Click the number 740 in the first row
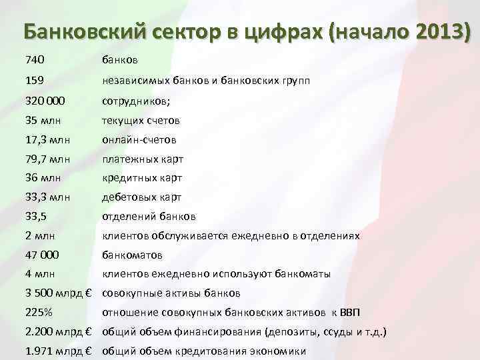pyautogui.click(x=35, y=61)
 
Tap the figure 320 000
pyautogui.click(x=45, y=101)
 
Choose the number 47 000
pyautogui.click(x=41, y=255)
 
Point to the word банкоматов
pyautogui.click(x=132, y=255)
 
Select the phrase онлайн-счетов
pyautogui.click(x=139, y=140)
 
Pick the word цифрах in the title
pyautogui.click(x=284, y=31)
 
